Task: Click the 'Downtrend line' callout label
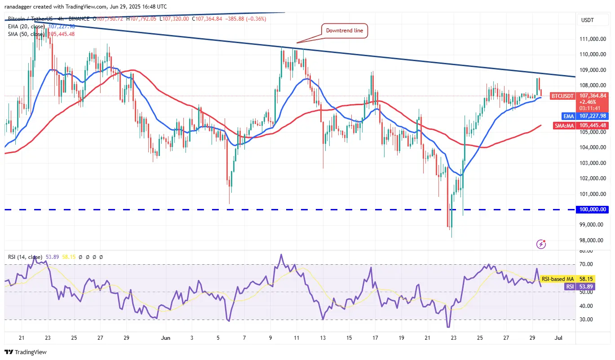click(x=344, y=31)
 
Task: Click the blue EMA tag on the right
click(x=559, y=116)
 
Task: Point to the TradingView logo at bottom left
click(x=26, y=352)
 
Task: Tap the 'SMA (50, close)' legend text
click(x=26, y=34)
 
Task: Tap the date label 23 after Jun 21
click(x=453, y=338)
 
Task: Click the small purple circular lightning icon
click(x=541, y=244)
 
